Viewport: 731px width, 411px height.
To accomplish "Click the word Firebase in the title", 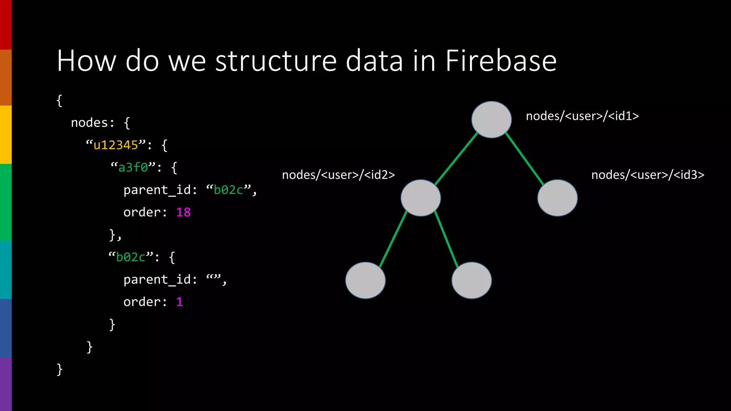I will [501, 61].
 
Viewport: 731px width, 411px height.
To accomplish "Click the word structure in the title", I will [276, 61].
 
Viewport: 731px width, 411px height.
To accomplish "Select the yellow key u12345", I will [116, 145].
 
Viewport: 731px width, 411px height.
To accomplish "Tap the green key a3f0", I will [133, 167].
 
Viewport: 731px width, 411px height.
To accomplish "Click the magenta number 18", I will [183, 212].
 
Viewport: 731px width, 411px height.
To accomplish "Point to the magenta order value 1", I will [180, 302].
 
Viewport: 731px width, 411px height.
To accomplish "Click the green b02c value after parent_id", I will [228, 190].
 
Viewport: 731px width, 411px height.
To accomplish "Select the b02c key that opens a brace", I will [131, 257].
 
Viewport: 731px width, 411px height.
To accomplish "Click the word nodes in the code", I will [89, 123].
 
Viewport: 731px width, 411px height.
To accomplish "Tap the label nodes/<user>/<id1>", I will [582, 116].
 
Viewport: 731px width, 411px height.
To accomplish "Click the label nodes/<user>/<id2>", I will [338, 175].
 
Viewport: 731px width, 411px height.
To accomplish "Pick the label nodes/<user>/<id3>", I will [647, 175].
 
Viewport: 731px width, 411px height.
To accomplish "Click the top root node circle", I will [491, 120].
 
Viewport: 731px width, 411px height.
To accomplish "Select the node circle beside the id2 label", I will [420, 198].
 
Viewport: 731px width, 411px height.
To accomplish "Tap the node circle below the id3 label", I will [557, 198].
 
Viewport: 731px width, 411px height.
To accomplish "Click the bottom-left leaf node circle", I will [365, 280].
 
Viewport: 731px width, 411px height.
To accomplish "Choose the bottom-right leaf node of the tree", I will [471, 280].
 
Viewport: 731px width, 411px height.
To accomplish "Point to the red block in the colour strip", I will [6, 25].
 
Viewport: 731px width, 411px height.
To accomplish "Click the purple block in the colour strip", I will [6, 384].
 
